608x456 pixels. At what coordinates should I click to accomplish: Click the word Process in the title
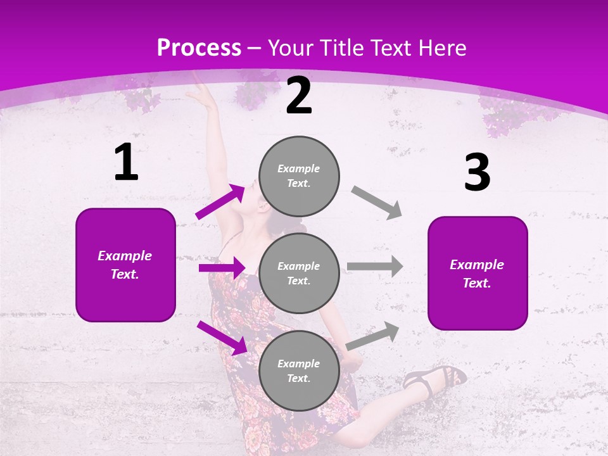point(199,48)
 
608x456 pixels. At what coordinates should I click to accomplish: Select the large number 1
point(126,163)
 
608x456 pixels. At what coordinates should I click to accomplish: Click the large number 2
point(299,96)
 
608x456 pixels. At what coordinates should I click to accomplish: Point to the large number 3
point(477,174)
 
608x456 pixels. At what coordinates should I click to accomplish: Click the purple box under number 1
point(125,265)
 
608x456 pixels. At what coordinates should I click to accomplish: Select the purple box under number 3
point(478,273)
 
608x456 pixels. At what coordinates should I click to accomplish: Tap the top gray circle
point(299,176)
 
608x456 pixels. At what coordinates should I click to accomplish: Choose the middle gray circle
point(299,273)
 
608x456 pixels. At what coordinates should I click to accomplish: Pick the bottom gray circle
point(299,370)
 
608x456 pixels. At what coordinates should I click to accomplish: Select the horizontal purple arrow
point(222,268)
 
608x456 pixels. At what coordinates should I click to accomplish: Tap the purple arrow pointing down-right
point(222,338)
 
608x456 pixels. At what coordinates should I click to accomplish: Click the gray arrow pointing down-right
point(377,202)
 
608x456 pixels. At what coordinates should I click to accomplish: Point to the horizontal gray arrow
point(375,267)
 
